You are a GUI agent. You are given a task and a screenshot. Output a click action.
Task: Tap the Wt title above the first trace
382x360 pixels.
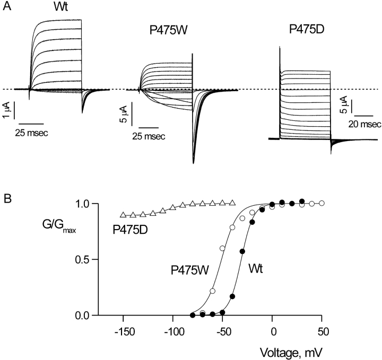[x=59, y=8]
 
